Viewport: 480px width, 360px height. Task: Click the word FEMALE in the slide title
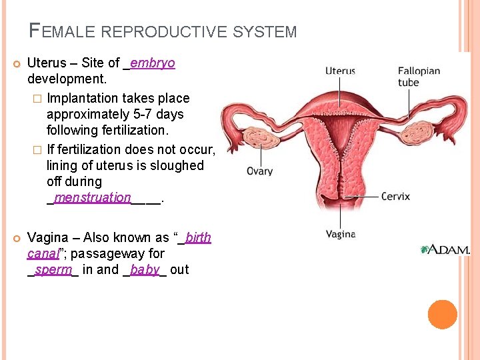[x=57, y=31]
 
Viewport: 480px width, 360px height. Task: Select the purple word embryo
[x=153, y=63]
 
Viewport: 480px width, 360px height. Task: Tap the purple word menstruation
[x=93, y=197]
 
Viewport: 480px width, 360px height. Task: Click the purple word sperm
[x=53, y=270]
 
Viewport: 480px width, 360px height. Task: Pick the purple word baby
[x=145, y=270]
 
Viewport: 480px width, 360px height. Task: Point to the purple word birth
[x=198, y=238]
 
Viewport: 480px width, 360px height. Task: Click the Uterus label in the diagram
[x=340, y=70]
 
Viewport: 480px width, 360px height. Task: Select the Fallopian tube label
[x=419, y=76]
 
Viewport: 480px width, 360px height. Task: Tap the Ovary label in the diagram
[x=259, y=171]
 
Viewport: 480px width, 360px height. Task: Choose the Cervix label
[x=395, y=197]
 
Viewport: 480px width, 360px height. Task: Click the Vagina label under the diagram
[x=340, y=234]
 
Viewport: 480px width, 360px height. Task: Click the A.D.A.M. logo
[x=445, y=249]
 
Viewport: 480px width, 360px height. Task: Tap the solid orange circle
[x=442, y=314]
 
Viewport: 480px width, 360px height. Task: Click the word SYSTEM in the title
[x=272, y=31]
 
